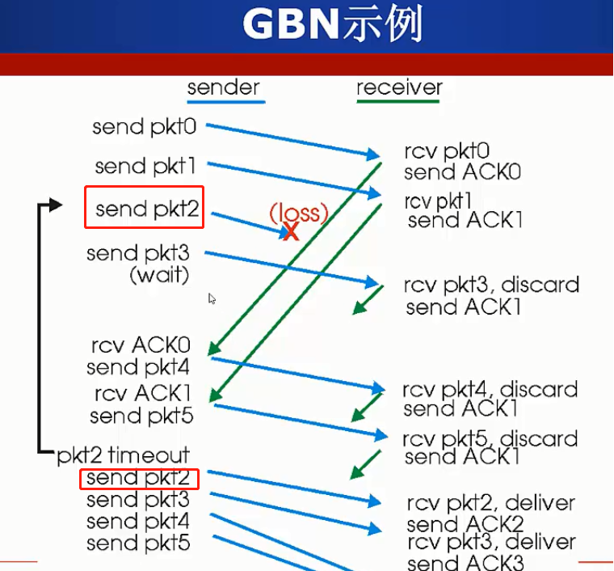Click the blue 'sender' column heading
224,87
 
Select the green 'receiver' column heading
399,87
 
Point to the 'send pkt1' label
145,166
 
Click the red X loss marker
290,232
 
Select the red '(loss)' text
299,213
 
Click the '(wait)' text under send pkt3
159,275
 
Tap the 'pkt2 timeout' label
123,455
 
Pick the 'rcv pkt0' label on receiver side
447,151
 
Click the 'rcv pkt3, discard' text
491,285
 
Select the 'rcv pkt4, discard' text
490,389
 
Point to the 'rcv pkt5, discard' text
490,439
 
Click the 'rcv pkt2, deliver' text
490,503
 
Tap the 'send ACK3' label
465,563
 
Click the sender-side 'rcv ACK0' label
141,346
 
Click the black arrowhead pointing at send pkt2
55,205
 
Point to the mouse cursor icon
212,298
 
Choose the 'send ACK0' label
462,171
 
